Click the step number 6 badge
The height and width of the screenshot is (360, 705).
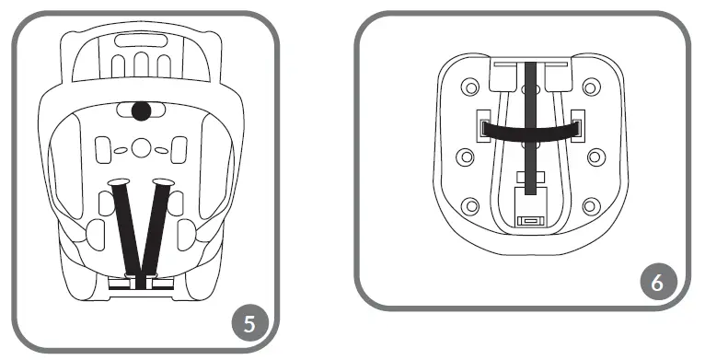point(655,283)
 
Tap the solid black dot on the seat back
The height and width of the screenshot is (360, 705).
point(140,111)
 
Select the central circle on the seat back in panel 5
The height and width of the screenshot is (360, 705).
point(140,147)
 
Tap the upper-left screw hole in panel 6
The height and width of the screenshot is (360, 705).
point(470,88)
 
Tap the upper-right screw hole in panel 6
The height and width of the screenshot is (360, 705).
point(588,88)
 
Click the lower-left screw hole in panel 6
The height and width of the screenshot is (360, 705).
point(470,205)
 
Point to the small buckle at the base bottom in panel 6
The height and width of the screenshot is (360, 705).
point(530,220)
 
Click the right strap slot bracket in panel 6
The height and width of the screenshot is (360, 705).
point(577,124)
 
